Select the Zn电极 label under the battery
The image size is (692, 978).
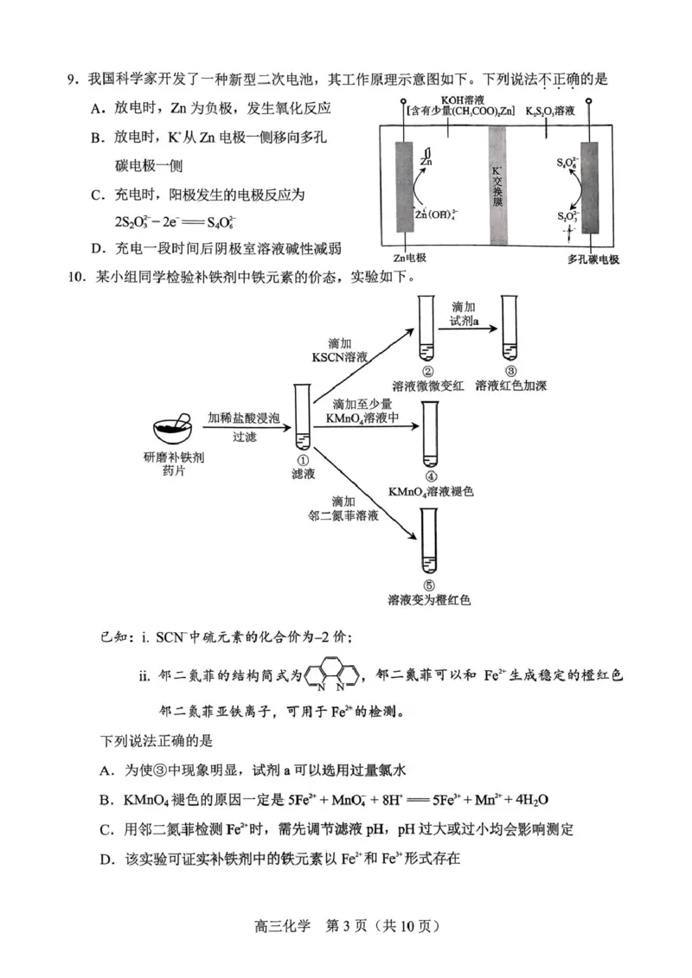(x=411, y=257)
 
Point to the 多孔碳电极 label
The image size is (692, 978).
(x=593, y=258)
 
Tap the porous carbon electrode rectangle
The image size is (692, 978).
(x=591, y=186)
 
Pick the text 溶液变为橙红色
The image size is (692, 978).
(x=429, y=598)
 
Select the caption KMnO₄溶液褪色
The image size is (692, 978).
(x=432, y=491)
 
